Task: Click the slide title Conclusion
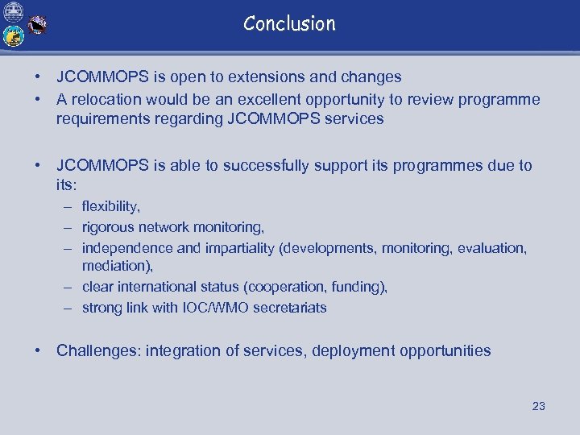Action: tap(289, 23)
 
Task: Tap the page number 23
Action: tap(538, 406)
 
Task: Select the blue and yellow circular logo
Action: tap(14, 36)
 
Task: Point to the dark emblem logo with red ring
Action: tap(37, 26)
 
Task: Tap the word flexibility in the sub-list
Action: tap(110, 207)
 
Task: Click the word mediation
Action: tap(116, 266)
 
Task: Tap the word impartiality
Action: tap(235, 248)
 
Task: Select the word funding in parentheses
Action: tap(358, 287)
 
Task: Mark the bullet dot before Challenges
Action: tap(38, 351)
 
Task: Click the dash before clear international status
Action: tap(71, 287)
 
